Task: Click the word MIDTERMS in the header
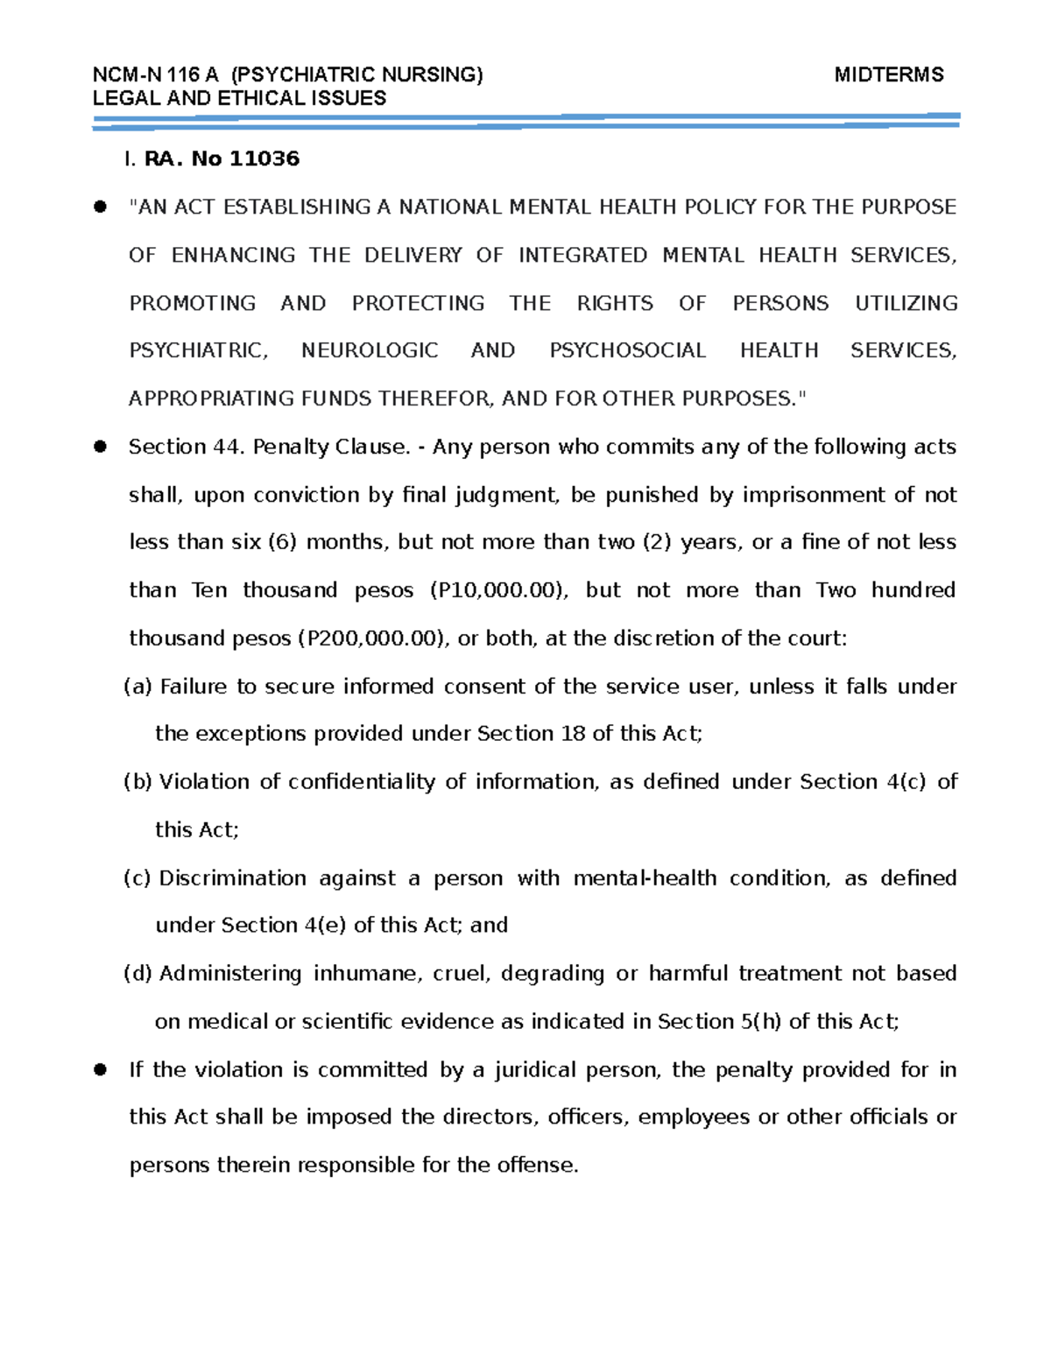click(x=888, y=74)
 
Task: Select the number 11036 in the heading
click(x=264, y=159)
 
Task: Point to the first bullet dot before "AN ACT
click(x=100, y=207)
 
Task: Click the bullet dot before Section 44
click(x=100, y=447)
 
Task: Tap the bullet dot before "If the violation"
click(x=100, y=1069)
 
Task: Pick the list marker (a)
click(x=138, y=687)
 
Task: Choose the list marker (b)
click(x=138, y=782)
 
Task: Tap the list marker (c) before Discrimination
click(x=138, y=878)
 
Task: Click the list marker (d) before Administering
click(x=138, y=974)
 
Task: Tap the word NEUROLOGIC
click(x=370, y=350)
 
